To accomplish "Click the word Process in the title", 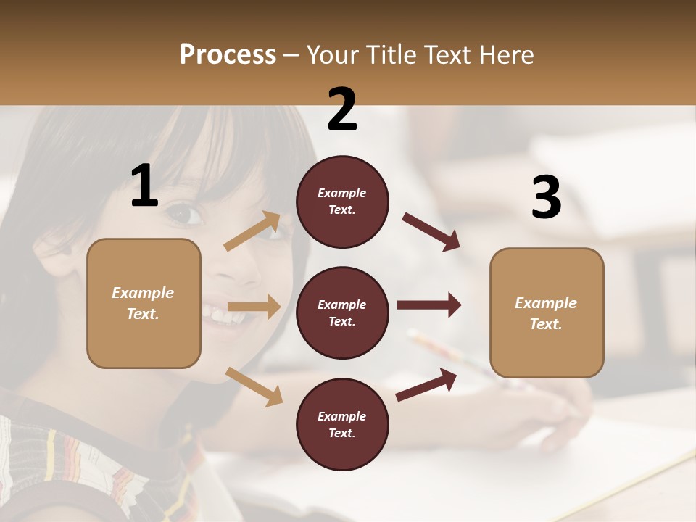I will pyautogui.click(x=228, y=55).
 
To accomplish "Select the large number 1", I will pyautogui.click(x=144, y=186).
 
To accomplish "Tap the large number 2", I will pyautogui.click(x=342, y=109).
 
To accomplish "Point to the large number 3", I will pyautogui.click(x=546, y=198).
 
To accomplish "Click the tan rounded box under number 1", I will pyautogui.click(x=144, y=303).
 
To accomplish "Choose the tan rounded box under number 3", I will pyautogui.click(x=547, y=313).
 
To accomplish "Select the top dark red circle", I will pyautogui.click(x=342, y=202).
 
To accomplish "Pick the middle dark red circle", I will pyautogui.click(x=342, y=313).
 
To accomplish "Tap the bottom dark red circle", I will pyautogui.click(x=342, y=425).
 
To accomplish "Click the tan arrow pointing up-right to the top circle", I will pyautogui.click(x=252, y=231).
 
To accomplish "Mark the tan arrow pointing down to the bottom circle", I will pyautogui.click(x=254, y=386).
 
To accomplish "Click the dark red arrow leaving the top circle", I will pyautogui.click(x=431, y=232).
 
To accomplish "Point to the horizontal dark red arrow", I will pyautogui.click(x=428, y=305).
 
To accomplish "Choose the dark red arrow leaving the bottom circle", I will pyautogui.click(x=426, y=385).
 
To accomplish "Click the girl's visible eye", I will pyautogui.click(x=184, y=214).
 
